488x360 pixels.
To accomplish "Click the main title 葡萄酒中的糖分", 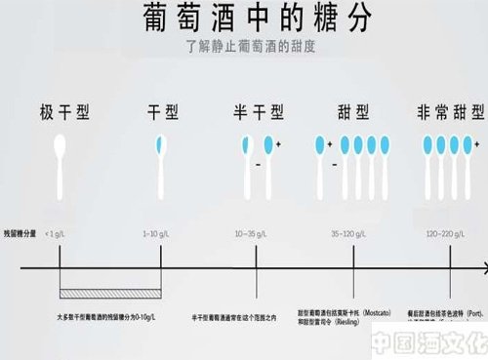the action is (244, 20).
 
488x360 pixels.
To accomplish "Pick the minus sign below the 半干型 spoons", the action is (256, 165).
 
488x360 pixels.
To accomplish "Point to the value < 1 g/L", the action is (58, 234).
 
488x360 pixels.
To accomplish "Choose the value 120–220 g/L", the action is (448, 234).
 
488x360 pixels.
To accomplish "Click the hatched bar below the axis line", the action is (108, 293).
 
